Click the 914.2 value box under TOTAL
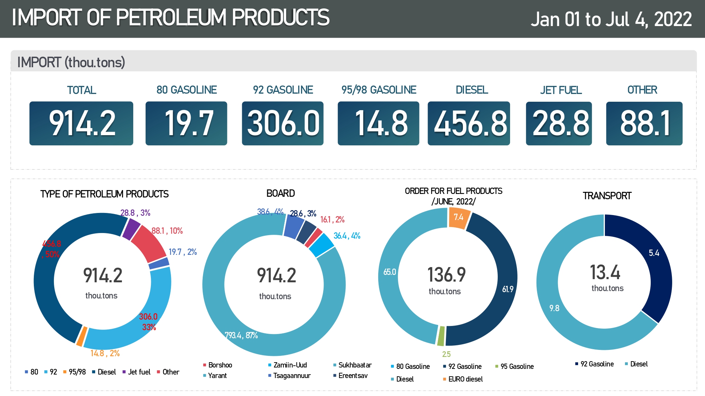pos(81,123)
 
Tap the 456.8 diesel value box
pos(468,123)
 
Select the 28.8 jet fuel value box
pos(559,123)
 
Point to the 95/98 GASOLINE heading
pos(379,90)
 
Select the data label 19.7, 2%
pos(183,252)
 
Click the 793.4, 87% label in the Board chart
pos(241,335)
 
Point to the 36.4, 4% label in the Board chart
pos(347,236)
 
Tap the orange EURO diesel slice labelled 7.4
pos(459,218)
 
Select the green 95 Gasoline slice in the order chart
pos(441,336)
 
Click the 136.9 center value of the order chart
pos(446,275)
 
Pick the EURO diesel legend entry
pos(465,379)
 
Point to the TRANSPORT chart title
pos(607,196)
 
